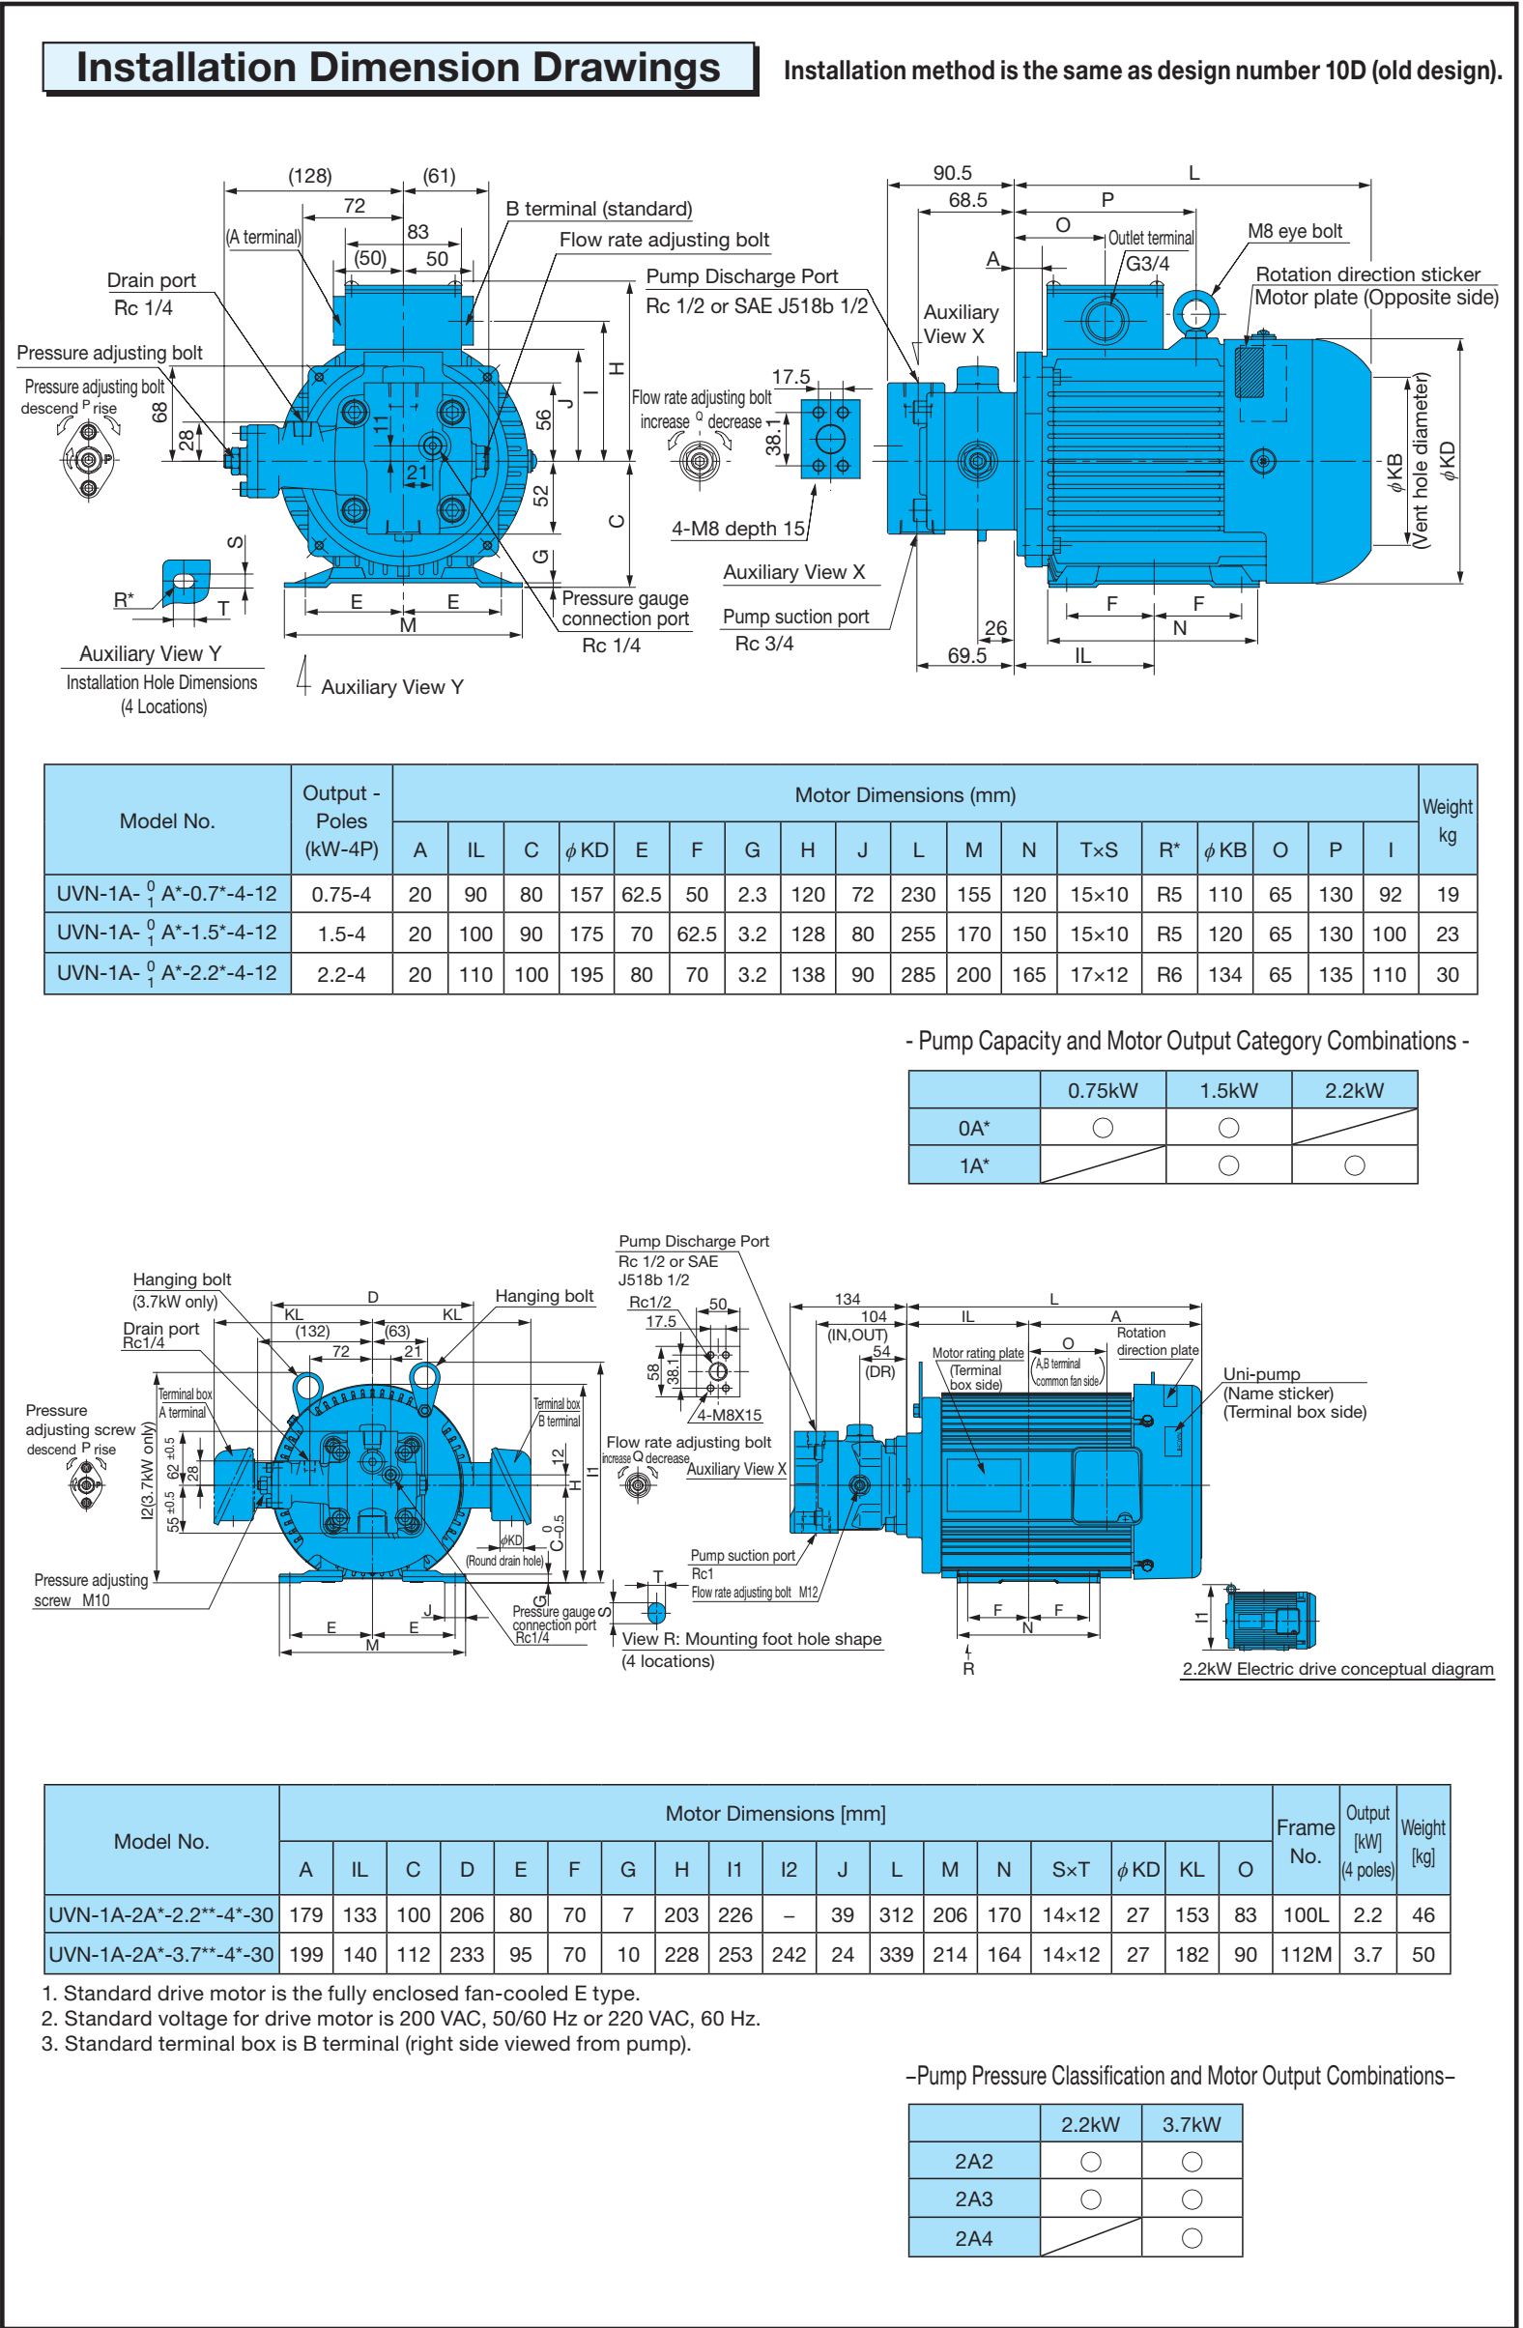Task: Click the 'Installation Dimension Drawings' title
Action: (398, 68)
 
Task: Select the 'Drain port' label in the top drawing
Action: (151, 280)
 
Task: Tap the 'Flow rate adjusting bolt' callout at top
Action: (663, 240)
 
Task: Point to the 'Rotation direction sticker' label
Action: (1366, 273)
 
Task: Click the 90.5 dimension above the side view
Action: (951, 173)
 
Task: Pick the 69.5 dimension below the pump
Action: (966, 655)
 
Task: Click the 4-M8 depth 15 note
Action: (737, 529)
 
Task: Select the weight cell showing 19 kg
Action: (1447, 894)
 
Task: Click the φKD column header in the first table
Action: (586, 850)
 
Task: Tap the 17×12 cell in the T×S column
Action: (1099, 974)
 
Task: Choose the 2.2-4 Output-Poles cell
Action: (341, 974)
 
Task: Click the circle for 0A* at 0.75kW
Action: (1103, 1128)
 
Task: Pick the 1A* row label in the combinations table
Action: (973, 1166)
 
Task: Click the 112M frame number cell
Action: (1305, 1954)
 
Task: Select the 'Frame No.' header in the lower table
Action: (1305, 1841)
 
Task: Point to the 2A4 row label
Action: (973, 2238)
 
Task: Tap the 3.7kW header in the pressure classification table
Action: (1191, 2124)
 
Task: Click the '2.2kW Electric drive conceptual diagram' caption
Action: (1337, 1669)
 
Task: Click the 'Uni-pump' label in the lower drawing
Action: (1261, 1374)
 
